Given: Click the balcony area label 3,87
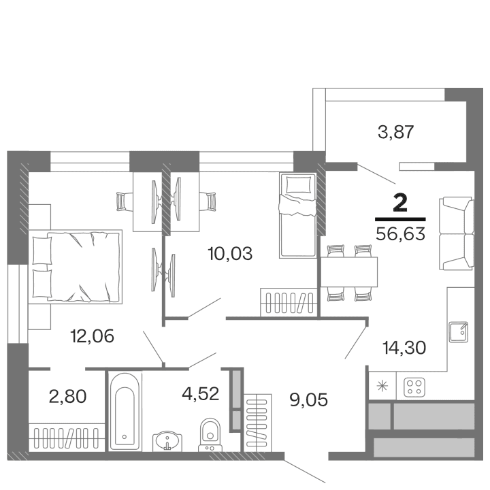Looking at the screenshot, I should click(396, 131).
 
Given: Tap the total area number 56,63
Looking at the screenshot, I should click(400, 235).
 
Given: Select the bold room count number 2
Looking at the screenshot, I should click(401, 203).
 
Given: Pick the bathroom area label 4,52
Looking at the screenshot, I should click(200, 393).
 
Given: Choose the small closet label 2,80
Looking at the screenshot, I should click(67, 395).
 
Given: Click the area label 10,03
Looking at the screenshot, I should click(230, 254).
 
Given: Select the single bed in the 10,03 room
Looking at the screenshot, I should click(297, 215).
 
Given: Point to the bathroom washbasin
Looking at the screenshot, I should click(166, 440).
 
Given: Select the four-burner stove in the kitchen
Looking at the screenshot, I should click(413, 387).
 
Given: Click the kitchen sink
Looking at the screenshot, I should click(459, 331).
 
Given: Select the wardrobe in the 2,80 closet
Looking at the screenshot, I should click(67, 434).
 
